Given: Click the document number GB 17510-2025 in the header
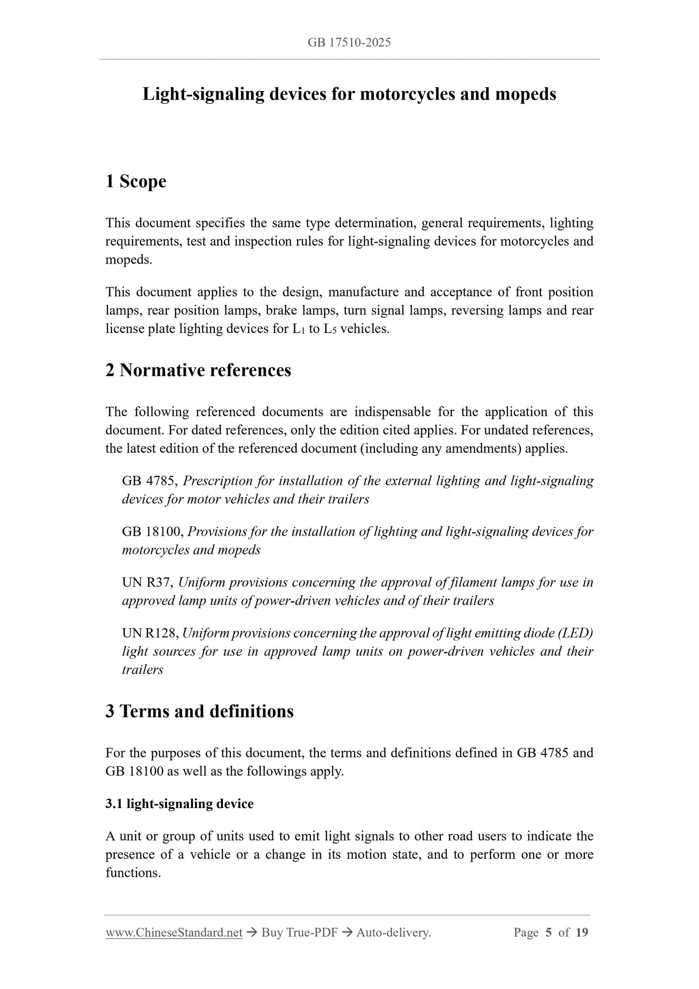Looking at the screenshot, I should point(349,43).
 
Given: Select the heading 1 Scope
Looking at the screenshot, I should point(136,181).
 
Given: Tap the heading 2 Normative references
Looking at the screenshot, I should point(198,370).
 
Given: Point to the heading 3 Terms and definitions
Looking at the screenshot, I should point(199,711).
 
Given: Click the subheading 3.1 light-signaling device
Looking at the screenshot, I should point(179,804).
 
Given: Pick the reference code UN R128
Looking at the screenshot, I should point(150,633).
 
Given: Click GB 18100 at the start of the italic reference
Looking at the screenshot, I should point(152,532).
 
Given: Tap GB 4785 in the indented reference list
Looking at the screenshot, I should point(149,481).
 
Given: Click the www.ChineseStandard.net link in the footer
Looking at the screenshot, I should point(174,932).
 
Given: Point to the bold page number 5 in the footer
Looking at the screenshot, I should point(548,932).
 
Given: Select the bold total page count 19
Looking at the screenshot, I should point(582,932).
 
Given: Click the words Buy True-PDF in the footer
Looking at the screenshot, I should point(299,932).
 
